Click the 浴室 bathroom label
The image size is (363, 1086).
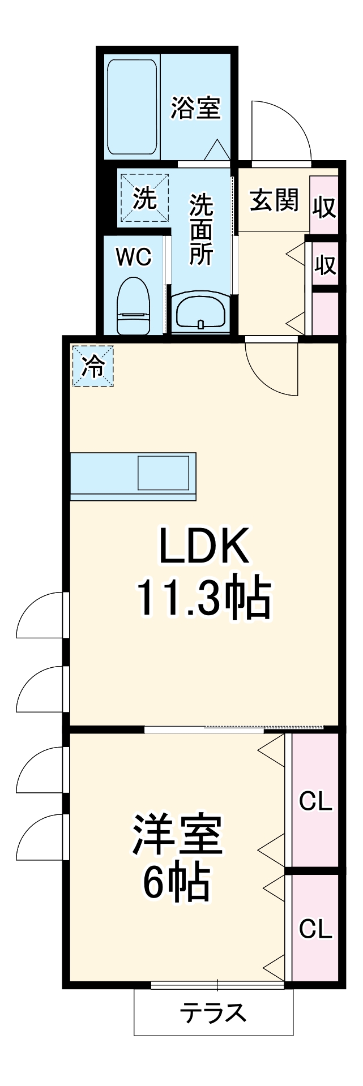[196, 108]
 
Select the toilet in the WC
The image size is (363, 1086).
[134, 306]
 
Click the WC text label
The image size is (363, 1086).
[134, 257]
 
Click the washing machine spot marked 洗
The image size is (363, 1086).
[144, 199]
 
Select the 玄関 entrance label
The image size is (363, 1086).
[274, 200]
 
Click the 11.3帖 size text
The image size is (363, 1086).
[204, 598]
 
